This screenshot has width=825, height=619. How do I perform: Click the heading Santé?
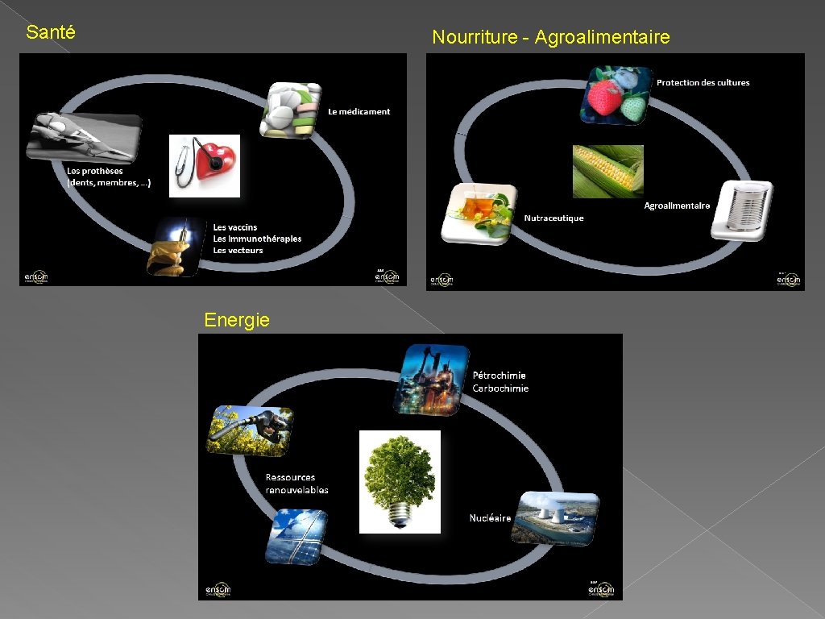pyautogui.click(x=51, y=33)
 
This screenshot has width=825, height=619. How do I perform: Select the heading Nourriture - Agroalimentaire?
pyautogui.click(x=550, y=37)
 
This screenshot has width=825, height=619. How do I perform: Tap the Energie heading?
pyautogui.click(x=237, y=320)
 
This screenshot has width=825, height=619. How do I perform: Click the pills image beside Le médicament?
pyautogui.click(x=290, y=110)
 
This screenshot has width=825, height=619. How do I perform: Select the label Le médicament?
pyautogui.click(x=359, y=112)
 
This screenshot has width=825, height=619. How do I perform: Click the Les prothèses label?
pyautogui.click(x=95, y=171)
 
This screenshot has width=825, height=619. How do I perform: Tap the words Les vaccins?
pyautogui.click(x=235, y=227)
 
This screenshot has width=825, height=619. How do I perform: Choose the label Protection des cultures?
pyautogui.click(x=703, y=82)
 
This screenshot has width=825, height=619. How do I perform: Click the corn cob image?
pyautogui.click(x=607, y=171)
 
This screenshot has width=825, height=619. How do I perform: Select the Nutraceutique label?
pyautogui.click(x=553, y=218)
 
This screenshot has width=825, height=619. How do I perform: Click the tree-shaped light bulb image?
pyautogui.click(x=400, y=481)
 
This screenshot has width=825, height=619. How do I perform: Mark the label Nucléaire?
pyautogui.click(x=490, y=518)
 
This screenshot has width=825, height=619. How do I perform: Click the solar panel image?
pyautogui.click(x=296, y=536)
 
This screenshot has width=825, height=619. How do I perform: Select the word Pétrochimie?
pyautogui.click(x=499, y=375)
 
